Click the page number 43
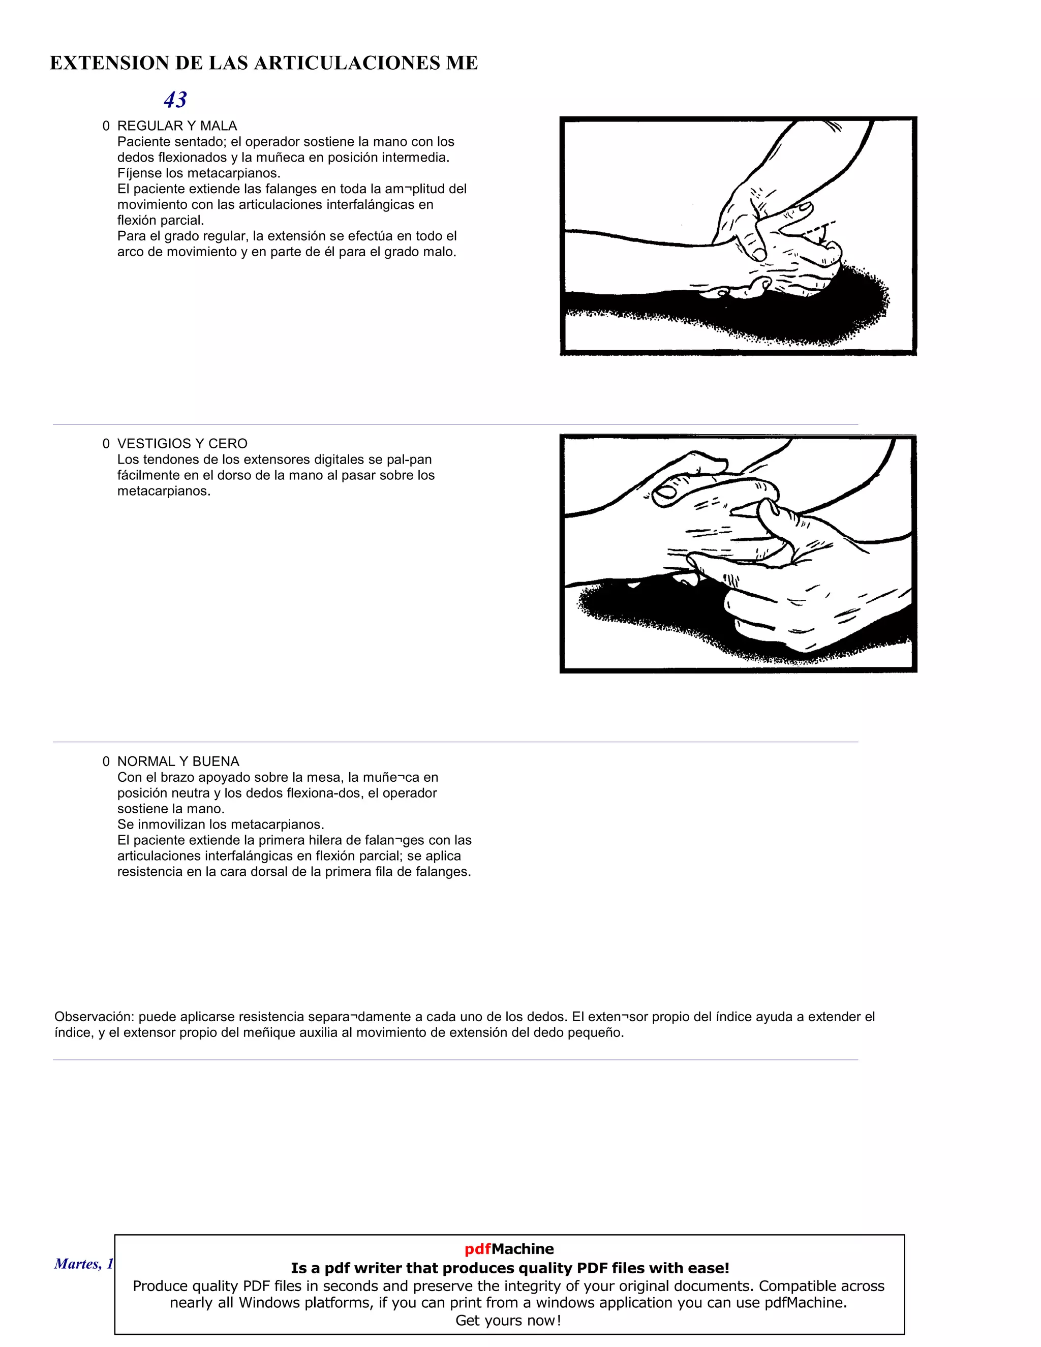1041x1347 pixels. (175, 99)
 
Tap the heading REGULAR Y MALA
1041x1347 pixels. (177, 126)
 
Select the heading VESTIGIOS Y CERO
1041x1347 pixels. (182, 443)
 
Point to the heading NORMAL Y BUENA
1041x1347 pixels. (178, 761)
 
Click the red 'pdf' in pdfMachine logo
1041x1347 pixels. (477, 1249)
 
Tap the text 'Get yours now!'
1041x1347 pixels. (508, 1321)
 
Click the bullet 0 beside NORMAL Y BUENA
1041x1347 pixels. (106, 761)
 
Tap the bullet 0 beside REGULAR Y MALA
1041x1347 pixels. (106, 126)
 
